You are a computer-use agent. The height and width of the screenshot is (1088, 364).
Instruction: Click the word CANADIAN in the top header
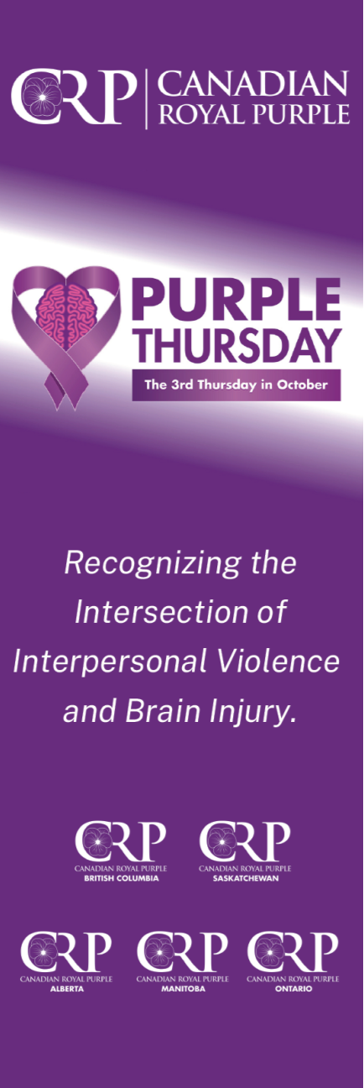[x=252, y=85]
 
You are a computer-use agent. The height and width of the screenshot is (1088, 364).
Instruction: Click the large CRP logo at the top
[x=74, y=97]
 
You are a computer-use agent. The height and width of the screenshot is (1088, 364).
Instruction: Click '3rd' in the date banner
[x=182, y=386]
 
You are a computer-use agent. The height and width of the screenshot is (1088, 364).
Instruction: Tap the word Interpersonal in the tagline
[x=97, y=662]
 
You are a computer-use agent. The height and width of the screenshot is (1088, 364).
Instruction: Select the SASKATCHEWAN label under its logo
[x=244, y=878]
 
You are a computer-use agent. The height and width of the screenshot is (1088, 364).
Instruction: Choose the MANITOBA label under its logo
[x=182, y=988]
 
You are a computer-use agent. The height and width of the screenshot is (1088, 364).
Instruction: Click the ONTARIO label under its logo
[x=293, y=988]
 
